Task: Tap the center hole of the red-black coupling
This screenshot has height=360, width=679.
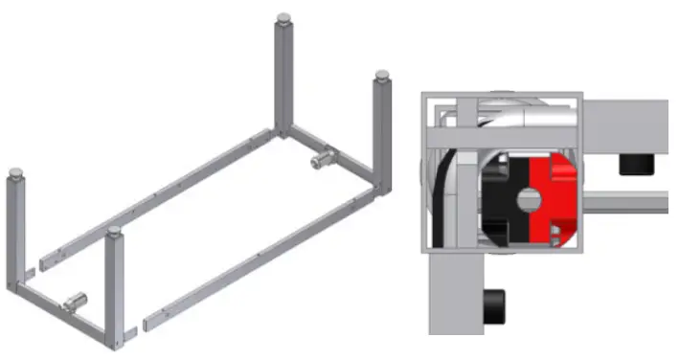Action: point(528,198)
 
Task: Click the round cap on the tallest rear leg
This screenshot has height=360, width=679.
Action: point(283,18)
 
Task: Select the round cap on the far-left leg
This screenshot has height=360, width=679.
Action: point(15,175)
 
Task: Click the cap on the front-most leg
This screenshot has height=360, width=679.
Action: point(115,232)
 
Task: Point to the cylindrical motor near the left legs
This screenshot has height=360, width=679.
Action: point(76,304)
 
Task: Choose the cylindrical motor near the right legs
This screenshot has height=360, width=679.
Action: point(327,155)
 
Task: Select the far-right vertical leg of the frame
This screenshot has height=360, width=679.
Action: point(381,134)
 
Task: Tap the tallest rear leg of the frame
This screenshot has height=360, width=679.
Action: point(283,77)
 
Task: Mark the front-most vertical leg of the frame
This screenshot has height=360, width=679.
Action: point(115,287)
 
